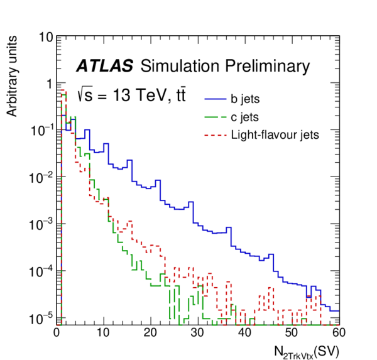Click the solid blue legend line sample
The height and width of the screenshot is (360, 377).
pos(214,99)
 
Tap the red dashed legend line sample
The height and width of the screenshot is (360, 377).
pos(214,134)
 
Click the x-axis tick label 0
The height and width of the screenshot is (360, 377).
pos(57,334)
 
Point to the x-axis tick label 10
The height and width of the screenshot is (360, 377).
pos(104,334)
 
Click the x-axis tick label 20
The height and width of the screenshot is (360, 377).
pos(151,334)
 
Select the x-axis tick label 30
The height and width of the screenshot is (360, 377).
pos(198,334)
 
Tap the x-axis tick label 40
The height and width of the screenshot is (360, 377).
pos(245,334)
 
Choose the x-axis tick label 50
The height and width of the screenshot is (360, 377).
pos(292,334)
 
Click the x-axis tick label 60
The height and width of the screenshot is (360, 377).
pos(338,334)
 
